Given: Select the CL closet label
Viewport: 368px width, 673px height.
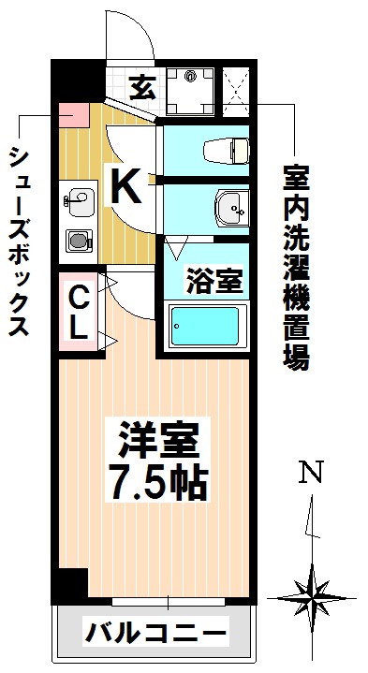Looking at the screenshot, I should coord(80,313).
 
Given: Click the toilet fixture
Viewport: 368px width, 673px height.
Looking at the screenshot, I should coord(225,150).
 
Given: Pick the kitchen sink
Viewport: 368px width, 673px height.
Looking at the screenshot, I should coord(80,199).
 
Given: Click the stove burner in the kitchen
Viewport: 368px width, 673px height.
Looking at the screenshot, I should coord(80,240).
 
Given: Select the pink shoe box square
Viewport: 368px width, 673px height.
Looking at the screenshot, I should coord(73,117).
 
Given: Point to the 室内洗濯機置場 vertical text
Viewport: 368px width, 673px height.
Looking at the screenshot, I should coord(298,267).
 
